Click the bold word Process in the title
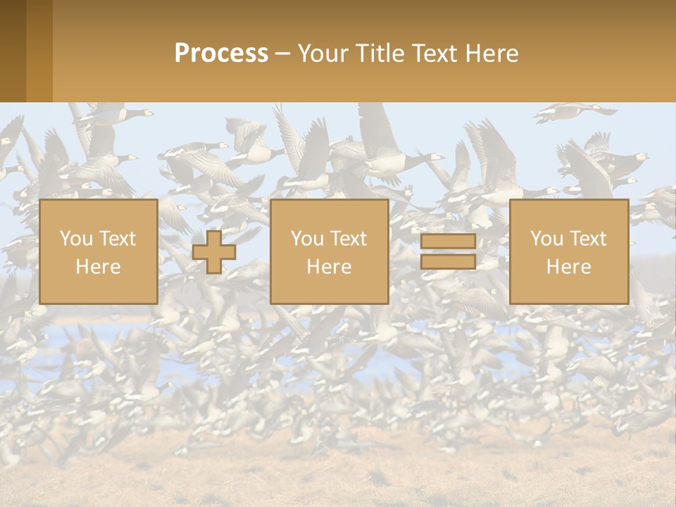(x=221, y=54)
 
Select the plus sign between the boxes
(x=214, y=252)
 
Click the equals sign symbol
(x=448, y=251)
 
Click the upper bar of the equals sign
(x=448, y=242)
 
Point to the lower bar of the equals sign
(x=448, y=262)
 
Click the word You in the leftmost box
(x=75, y=239)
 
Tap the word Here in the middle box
(x=330, y=267)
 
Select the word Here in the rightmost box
(x=569, y=267)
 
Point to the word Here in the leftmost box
(x=99, y=267)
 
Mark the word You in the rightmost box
(x=546, y=239)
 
